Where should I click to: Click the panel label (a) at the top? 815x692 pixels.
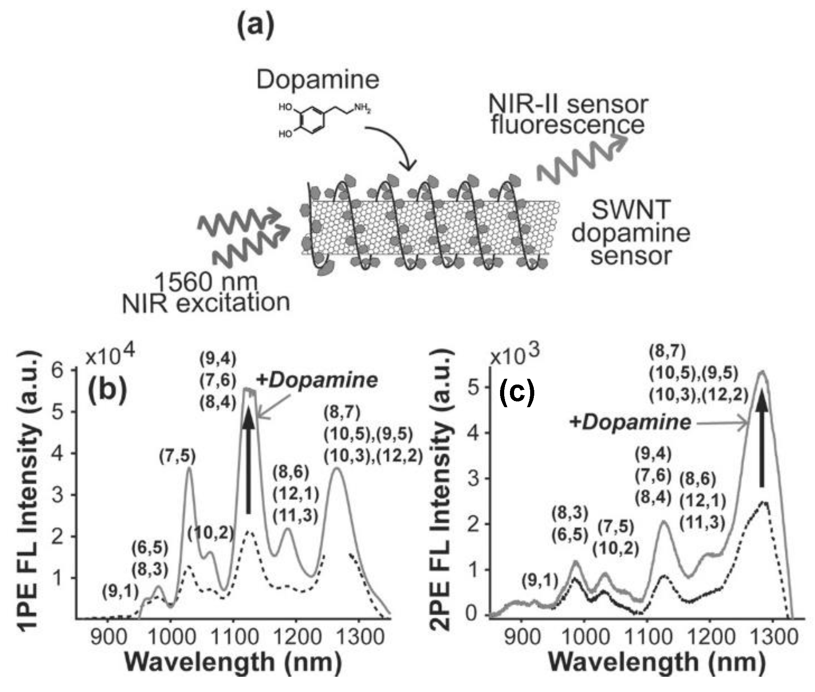[x=256, y=26]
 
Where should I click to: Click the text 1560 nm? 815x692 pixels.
[x=206, y=282]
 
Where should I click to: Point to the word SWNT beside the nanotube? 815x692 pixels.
[x=631, y=210]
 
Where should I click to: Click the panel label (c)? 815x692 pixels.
[x=517, y=393]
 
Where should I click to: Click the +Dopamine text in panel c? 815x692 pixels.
[x=629, y=422]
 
